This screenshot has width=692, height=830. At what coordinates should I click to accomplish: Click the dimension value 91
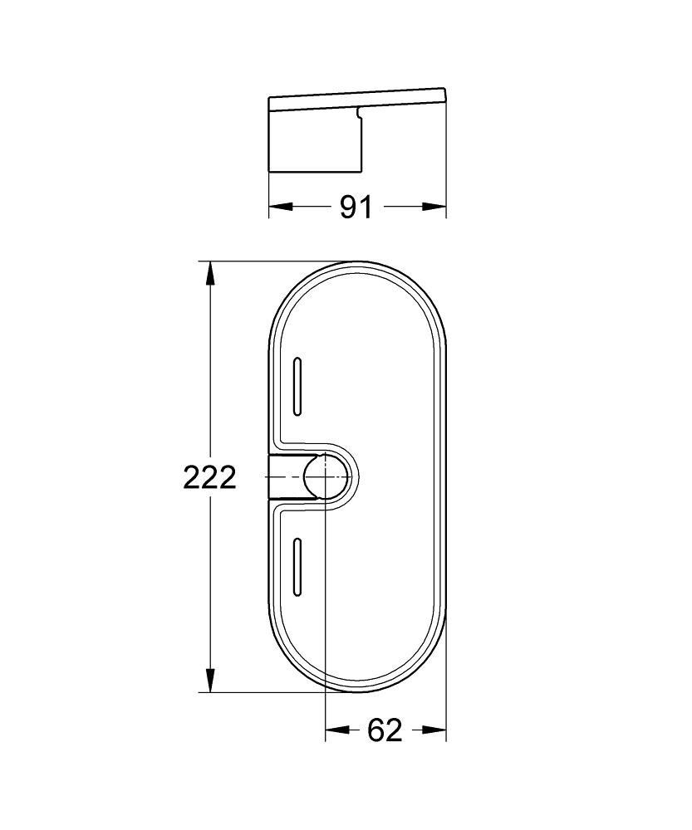356,207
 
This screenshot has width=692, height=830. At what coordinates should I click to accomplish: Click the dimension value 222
209,477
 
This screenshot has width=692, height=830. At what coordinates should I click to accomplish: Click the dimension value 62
385,730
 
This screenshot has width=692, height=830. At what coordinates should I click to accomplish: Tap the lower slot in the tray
297,567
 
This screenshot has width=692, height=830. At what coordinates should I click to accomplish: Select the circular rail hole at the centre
325,477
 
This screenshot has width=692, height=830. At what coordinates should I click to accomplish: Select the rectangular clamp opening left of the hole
287,477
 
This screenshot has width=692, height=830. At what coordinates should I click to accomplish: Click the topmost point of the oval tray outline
357,262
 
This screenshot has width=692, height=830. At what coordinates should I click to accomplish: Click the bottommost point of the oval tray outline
357,691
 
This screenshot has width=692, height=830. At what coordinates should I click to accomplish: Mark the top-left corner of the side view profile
269,100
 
